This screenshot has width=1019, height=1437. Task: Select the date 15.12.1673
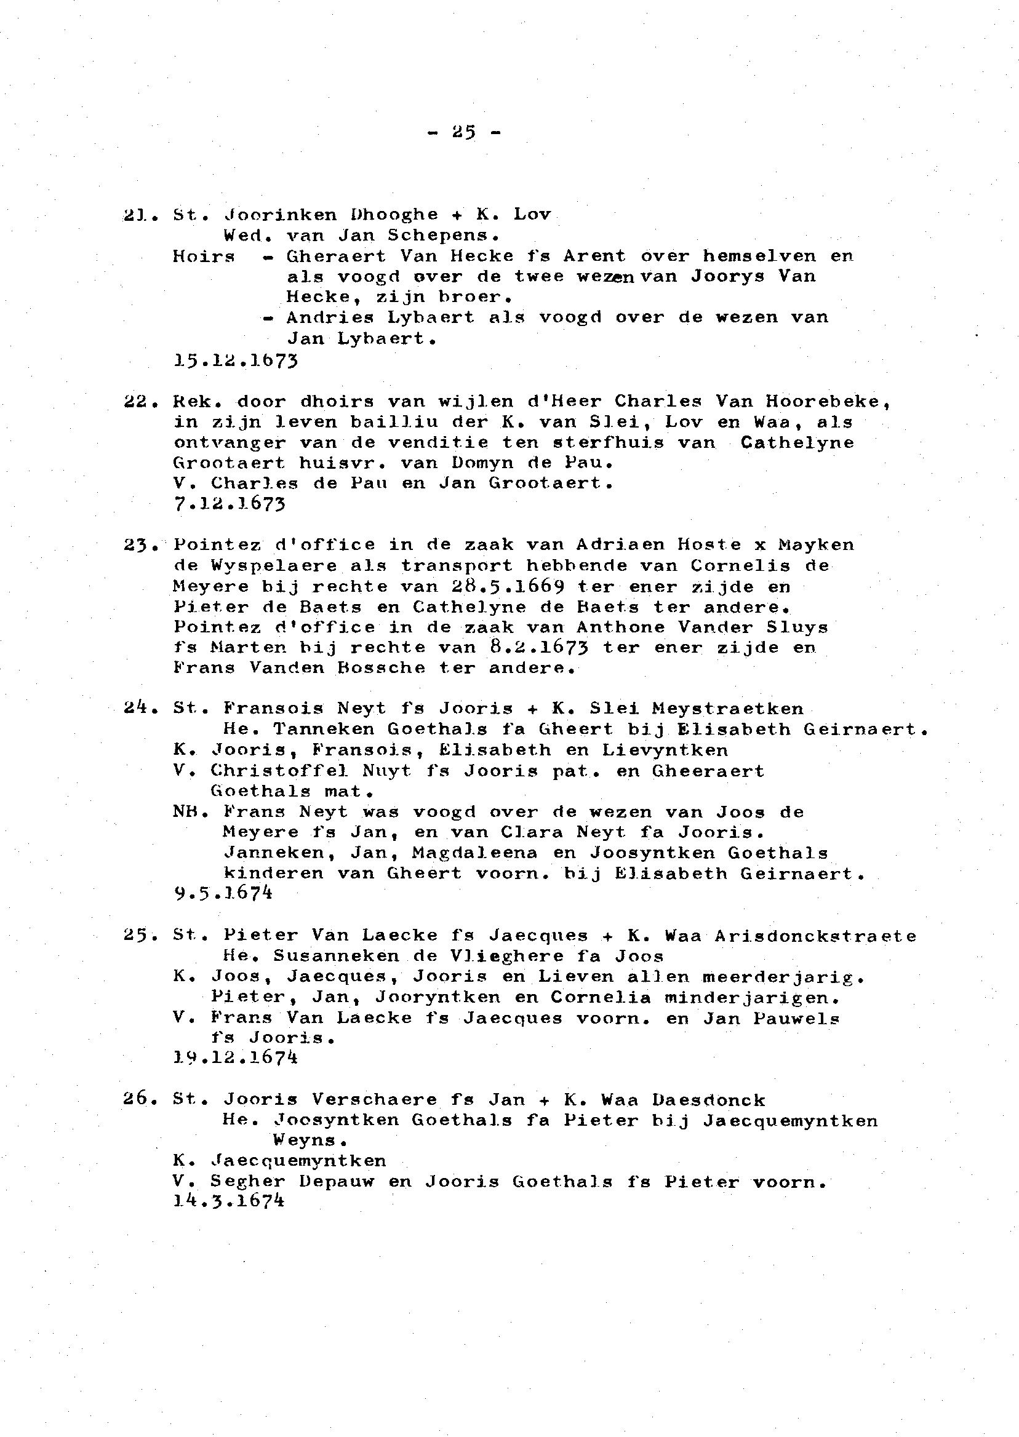coord(235,360)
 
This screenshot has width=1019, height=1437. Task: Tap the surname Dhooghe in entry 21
coord(393,215)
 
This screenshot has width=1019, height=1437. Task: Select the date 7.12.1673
coord(229,504)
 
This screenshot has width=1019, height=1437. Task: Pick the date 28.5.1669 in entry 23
coord(507,586)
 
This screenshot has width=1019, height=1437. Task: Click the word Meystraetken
coord(727,709)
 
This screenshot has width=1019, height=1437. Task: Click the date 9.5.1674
coord(223,893)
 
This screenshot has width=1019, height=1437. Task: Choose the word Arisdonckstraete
coord(815,936)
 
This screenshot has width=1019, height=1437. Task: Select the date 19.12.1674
coord(235,1057)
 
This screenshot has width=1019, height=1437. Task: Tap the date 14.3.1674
coord(229,1201)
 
